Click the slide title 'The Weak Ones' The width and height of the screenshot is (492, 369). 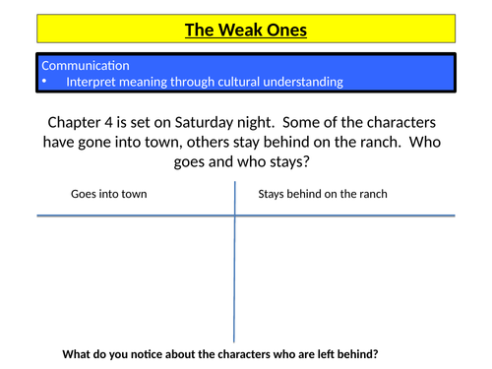(x=245, y=30)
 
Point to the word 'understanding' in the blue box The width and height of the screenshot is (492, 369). (x=305, y=82)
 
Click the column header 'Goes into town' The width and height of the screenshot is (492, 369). (x=108, y=194)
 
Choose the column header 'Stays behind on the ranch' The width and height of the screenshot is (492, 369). (x=323, y=194)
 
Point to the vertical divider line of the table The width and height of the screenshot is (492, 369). (x=235, y=276)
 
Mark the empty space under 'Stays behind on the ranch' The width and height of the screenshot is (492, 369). (x=344, y=276)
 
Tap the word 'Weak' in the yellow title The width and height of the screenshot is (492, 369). (x=237, y=30)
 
